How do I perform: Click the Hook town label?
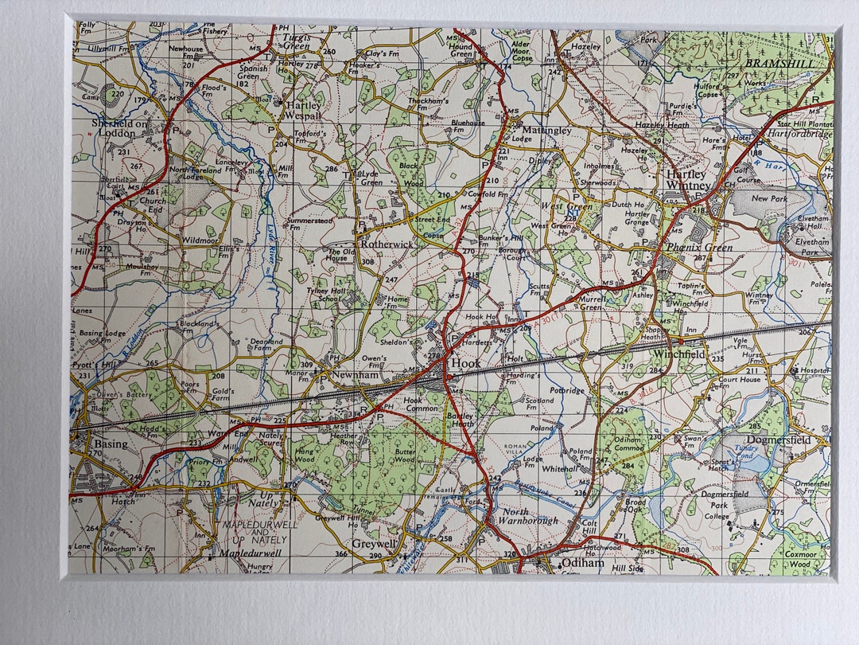click(465, 363)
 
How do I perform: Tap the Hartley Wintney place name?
click(688, 180)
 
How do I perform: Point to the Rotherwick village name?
click(387, 244)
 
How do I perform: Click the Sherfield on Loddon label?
click(120, 128)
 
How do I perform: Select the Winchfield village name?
click(679, 354)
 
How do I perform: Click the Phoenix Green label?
click(700, 247)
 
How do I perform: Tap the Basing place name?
click(110, 444)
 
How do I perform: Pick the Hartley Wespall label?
click(304, 110)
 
